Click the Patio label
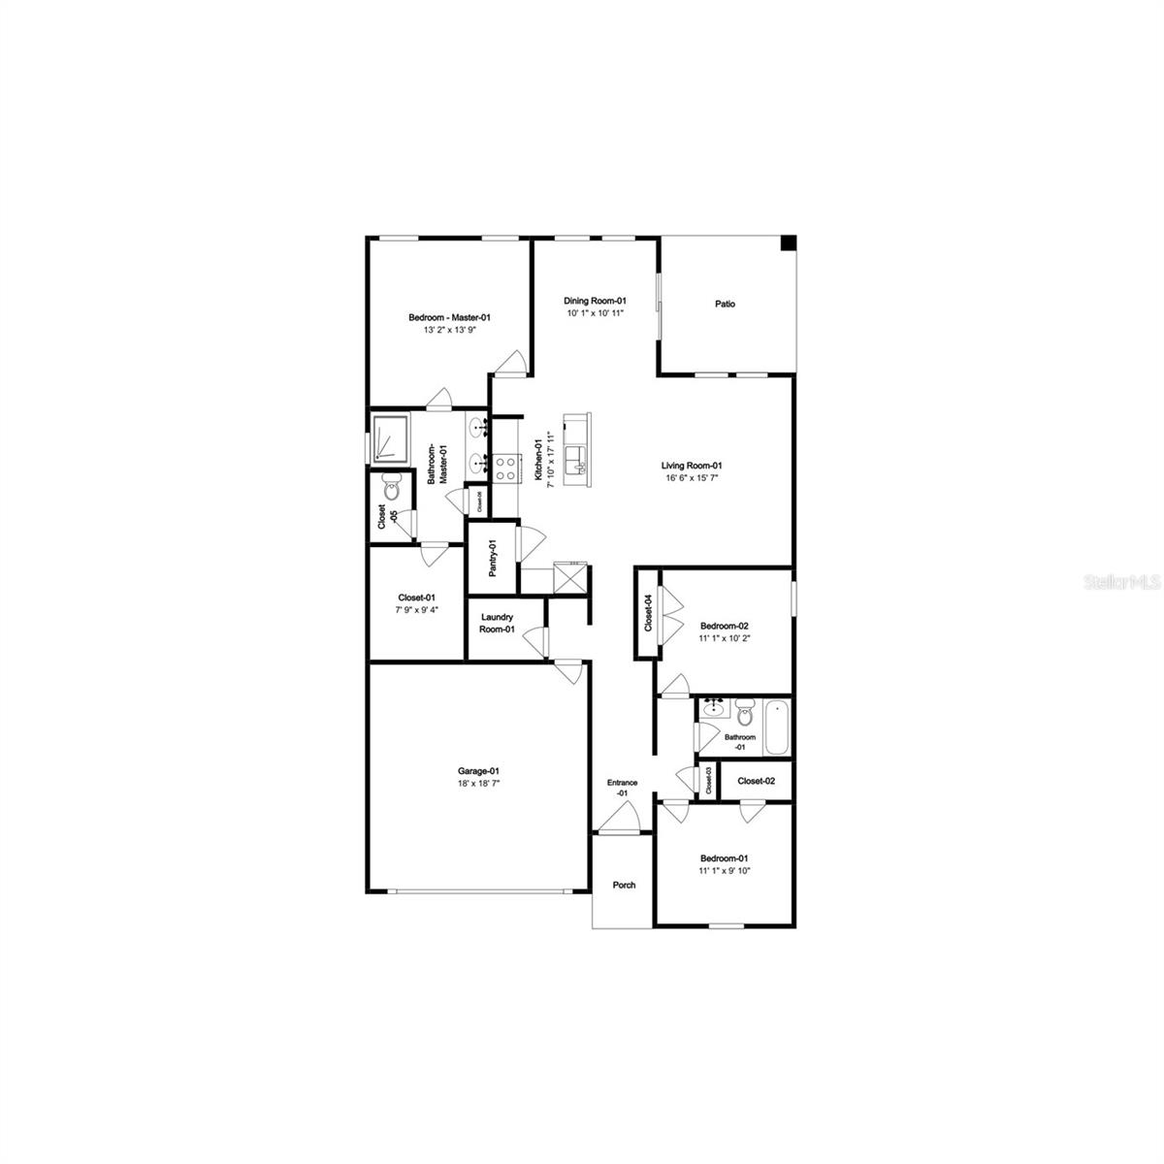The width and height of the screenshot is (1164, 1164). tap(725, 304)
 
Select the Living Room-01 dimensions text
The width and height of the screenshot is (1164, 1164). tap(693, 478)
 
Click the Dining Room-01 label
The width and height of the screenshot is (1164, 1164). tap(596, 301)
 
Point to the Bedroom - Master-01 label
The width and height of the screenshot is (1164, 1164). tap(450, 317)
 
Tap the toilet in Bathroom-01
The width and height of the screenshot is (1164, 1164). tap(745, 714)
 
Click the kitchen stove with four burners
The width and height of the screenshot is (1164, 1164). tap(505, 469)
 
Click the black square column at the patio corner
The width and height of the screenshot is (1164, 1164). tap(789, 242)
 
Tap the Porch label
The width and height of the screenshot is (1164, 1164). tap(624, 885)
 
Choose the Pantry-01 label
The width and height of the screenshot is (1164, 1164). tap(493, 559)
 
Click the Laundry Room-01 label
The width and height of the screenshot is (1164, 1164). tap(496, 623)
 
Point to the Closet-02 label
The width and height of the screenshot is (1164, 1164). tap(757, 781)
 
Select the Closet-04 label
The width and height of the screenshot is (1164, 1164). tap(648, 612)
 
